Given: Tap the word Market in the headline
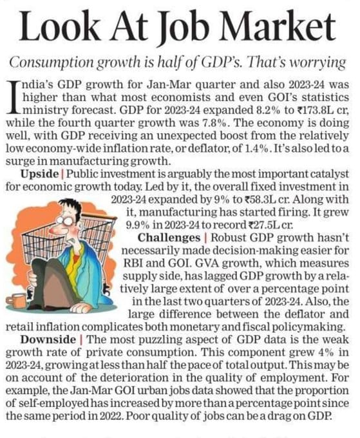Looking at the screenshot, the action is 281,26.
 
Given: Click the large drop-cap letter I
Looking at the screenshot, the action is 13,97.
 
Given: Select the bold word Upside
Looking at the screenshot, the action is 39,175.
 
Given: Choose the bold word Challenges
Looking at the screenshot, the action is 169,238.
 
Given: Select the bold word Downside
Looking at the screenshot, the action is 48,339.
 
